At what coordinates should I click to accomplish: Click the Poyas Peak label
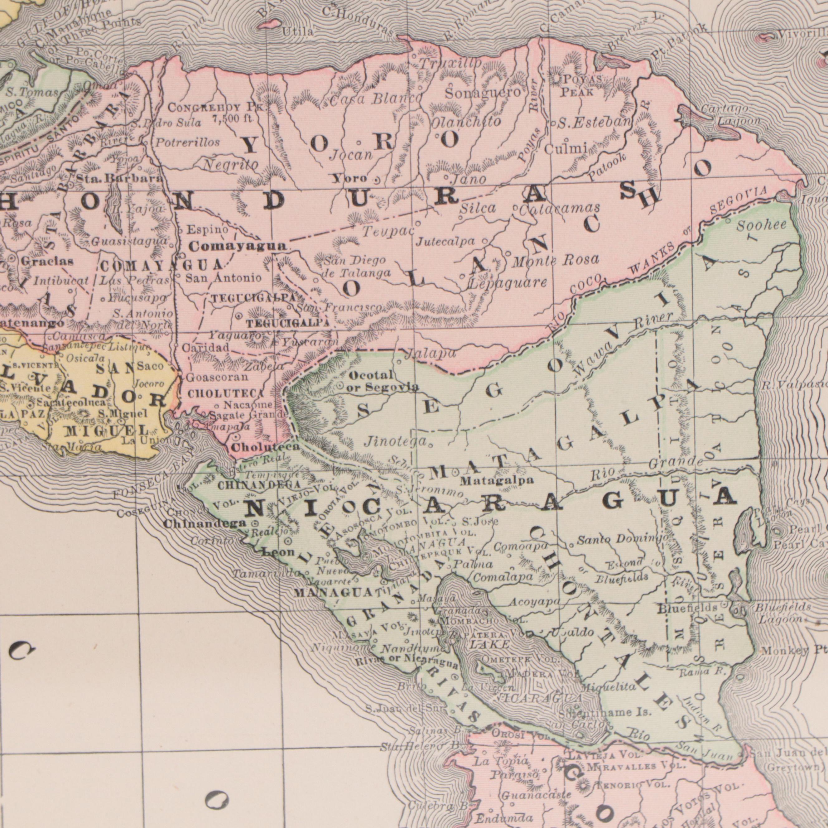(577, 86)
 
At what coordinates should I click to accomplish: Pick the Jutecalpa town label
(445, 242)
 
